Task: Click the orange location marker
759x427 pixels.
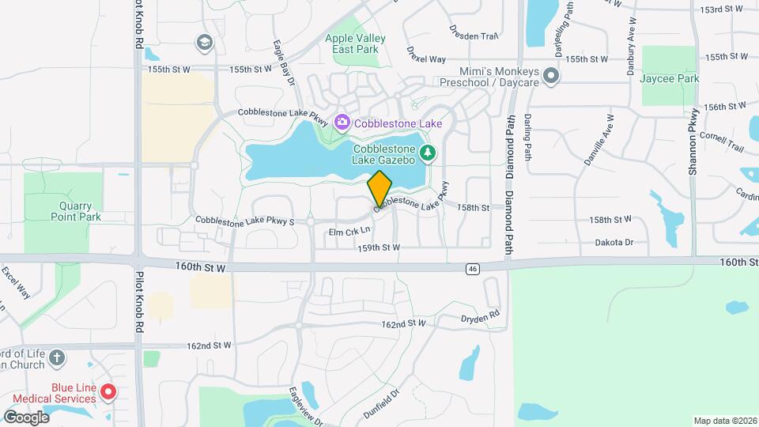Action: click(x=379, y=188)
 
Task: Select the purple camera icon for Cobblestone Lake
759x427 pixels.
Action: click(x=342, y=123)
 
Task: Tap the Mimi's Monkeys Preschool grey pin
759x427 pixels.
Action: click(x=551, y=77)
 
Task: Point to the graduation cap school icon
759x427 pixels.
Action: click(x=205, y=42)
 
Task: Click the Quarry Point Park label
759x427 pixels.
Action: click(x=76, y=211)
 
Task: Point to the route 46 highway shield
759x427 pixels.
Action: click(x=472, y=269)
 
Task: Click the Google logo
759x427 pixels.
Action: click(x=26, y=417)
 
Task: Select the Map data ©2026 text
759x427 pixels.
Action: click(x=724, y=421)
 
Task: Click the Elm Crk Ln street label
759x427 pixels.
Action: click(x=349, y=231)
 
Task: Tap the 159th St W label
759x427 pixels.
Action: click(x=379, y=248)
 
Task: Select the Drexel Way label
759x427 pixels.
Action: click(x=427, y=59)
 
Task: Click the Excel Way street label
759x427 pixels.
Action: click(x=15, y=282)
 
